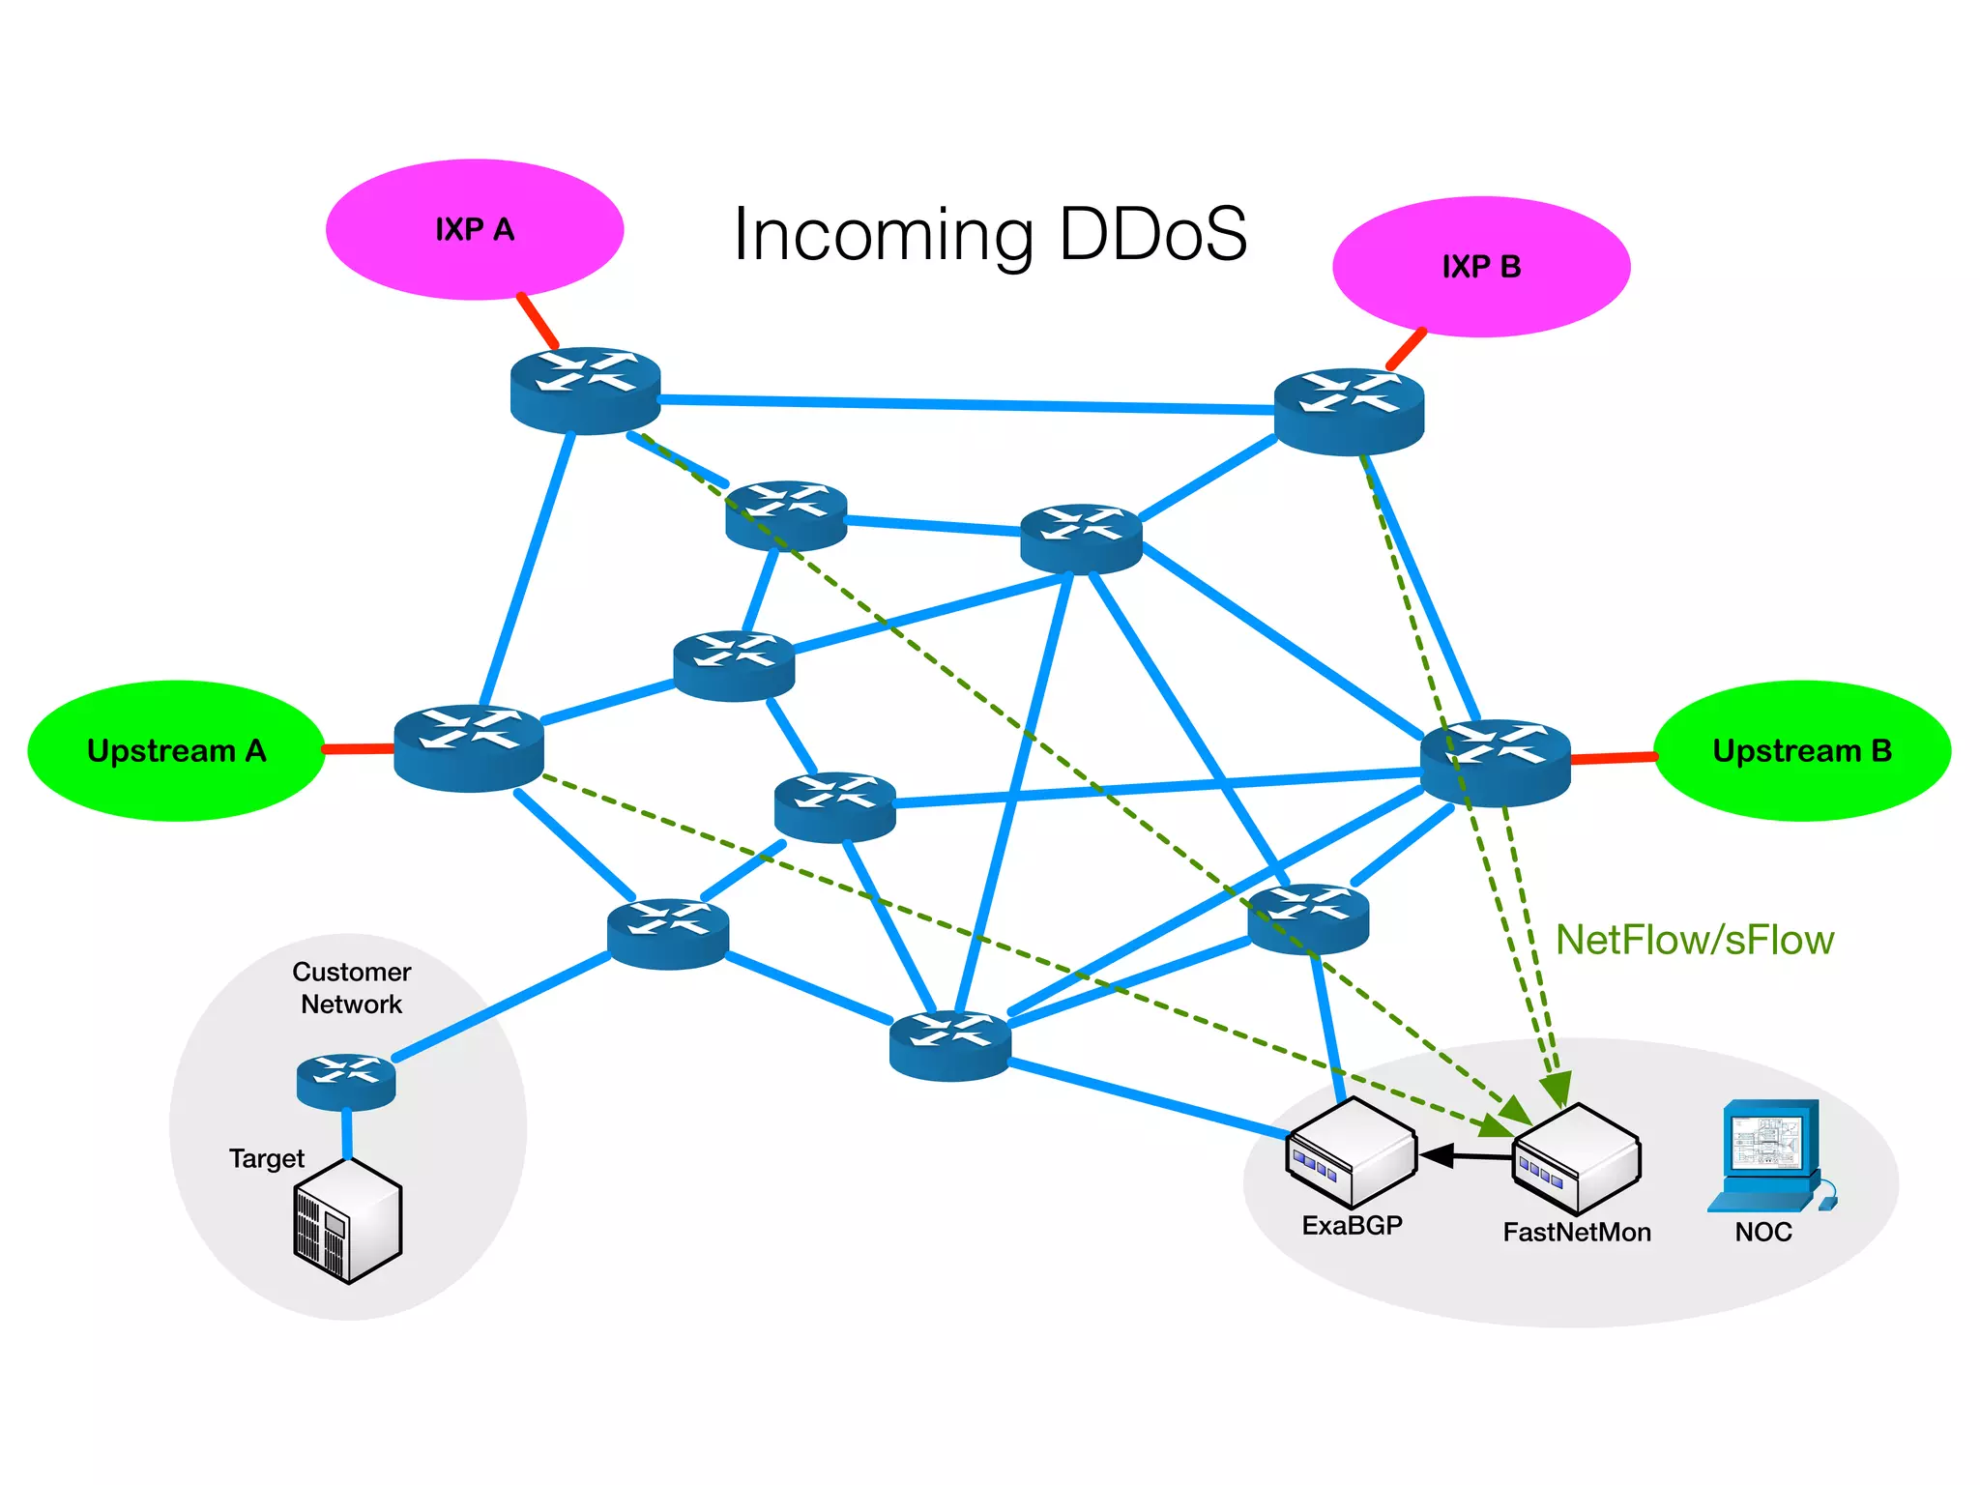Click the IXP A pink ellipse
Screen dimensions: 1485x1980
(474, 229)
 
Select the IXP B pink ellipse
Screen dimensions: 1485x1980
(1480, 267)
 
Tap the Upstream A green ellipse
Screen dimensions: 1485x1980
(176, 751)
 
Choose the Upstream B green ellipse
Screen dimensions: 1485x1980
(1801, 751)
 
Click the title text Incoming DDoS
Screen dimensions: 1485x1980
(990, 234)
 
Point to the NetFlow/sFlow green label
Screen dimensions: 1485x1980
(1694, 940)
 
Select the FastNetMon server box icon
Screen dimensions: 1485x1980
(1576, 1159)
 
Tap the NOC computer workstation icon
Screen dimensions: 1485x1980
(1769, 1155)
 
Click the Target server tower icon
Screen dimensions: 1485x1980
(347, 1221)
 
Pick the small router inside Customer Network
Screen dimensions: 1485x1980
(346, 1081)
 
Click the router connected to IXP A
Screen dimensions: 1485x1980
(585, 390)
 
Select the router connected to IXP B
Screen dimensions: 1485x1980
(1349, 411)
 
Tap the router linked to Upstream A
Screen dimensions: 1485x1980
(469, 747)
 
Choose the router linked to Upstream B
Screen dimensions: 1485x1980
(1495, 762)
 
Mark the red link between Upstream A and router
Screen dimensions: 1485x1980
(358, 748)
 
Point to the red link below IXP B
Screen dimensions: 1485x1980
(1406, 349)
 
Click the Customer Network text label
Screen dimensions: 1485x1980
(351, 987)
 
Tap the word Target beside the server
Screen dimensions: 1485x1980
(266, 1158)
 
